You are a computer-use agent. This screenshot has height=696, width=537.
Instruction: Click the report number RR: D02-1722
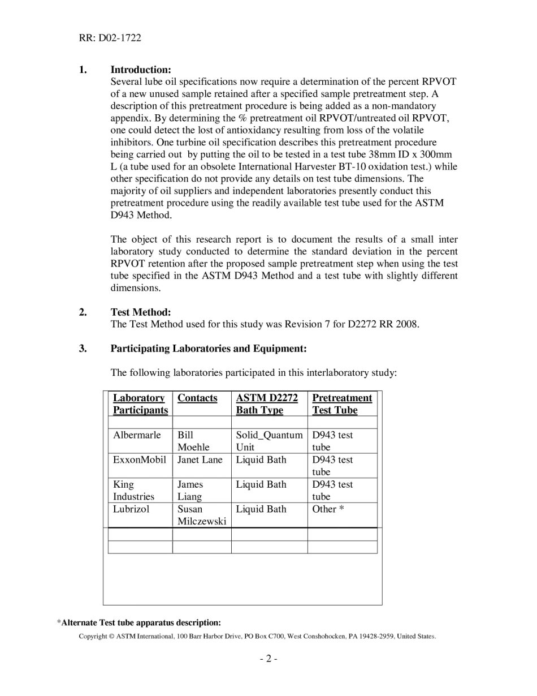tap(110, 38)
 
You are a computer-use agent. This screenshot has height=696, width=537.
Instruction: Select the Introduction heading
tap(141, 70)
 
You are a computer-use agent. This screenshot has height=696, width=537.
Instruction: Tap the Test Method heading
tap(140, 312)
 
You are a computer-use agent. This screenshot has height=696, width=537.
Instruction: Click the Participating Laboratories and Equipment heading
tap(208, 349)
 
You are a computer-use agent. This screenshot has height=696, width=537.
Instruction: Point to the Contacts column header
tap(197, 398)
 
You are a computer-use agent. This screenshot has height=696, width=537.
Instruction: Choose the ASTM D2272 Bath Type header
tap(267, 404)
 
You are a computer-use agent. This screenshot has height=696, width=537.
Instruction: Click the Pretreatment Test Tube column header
tap(341, 404)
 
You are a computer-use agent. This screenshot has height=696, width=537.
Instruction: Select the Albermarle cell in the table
tap(137, 435)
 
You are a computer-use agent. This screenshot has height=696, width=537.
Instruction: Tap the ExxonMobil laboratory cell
tap(140, 459)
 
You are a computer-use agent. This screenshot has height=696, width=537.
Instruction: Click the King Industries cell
tap(133, 491)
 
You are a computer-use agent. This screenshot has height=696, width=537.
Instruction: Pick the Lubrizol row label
tap(131, 509)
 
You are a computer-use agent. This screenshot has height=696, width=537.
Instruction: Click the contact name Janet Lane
tap(200, 459)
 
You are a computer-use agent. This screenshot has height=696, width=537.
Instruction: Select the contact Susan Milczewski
tap(201, 515)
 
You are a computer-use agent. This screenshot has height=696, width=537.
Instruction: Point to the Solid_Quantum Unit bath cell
tap(269, 441)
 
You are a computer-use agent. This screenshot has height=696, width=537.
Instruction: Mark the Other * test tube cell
tap(328, 509)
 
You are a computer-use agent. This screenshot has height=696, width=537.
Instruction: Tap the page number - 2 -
tap(268, 658)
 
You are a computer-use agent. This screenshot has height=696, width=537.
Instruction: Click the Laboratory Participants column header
tap(140, 404)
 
